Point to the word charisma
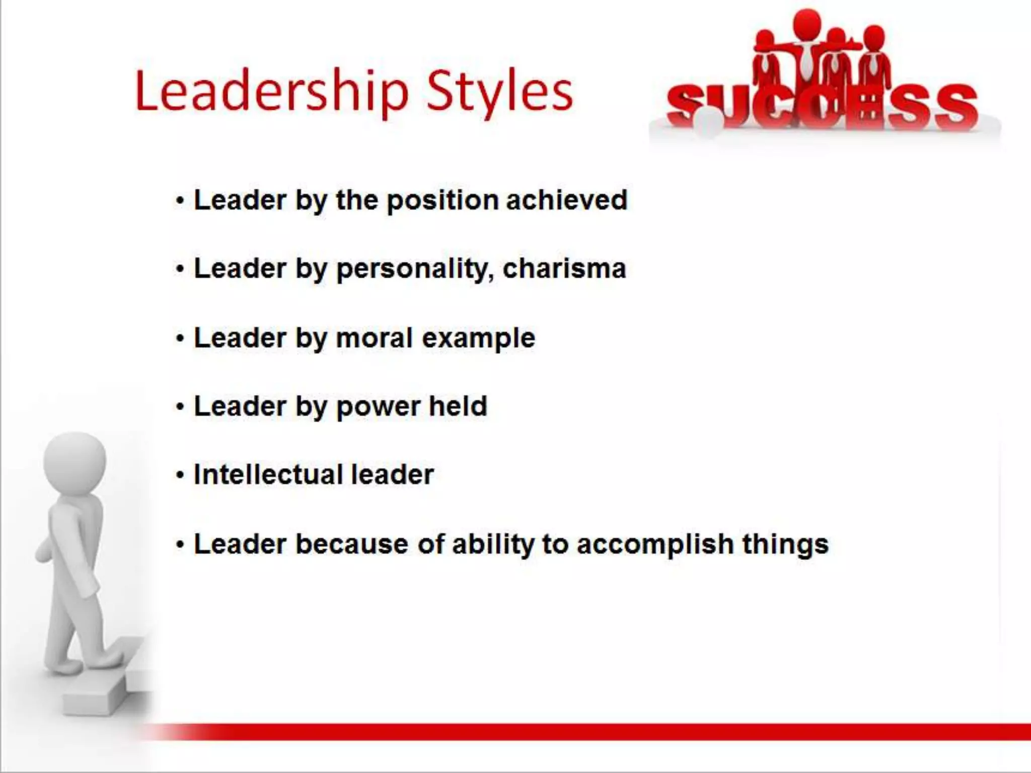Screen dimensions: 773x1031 564,268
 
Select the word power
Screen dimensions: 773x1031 378,407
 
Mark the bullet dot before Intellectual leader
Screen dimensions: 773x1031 180,476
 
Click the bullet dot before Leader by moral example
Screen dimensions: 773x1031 180,339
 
